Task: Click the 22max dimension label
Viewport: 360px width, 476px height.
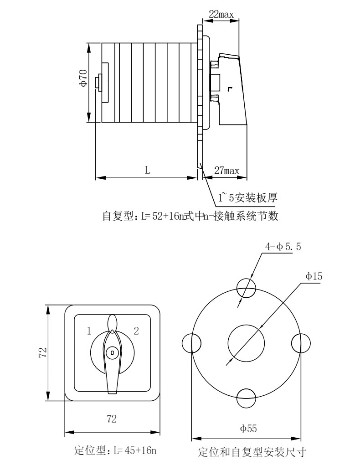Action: click(x=221, y=14)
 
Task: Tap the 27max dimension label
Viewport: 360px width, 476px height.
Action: click(x=226, y=171)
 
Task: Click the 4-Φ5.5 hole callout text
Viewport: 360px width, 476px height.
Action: click(x=283, y=247)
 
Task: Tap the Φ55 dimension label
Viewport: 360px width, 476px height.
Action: click(x=249, y=428)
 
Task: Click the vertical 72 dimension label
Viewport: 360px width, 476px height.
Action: click(x=42, y=352)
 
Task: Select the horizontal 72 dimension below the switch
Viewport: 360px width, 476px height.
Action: click(x=111, y=419)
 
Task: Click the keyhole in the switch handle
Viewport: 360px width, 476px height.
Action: click(x=112, y=352)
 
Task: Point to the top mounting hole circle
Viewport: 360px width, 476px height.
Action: click(x=246, y=288)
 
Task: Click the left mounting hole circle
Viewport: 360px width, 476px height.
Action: click(x=192, y=342)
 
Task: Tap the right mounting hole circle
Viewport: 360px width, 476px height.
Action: click(x=300, y=342)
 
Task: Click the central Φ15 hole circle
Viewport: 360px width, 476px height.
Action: click(x=246, y=342)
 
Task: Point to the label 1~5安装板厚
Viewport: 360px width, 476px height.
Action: click(x=248, y=198)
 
